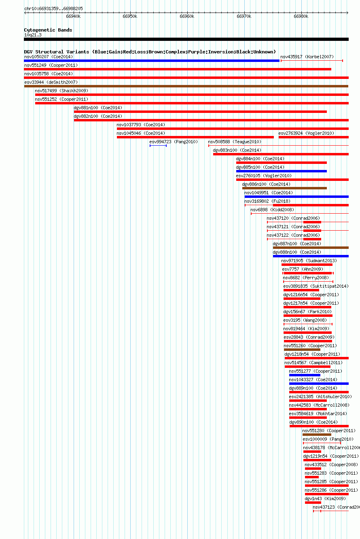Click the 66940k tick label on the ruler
click(73, 16)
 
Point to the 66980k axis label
click(301, 16)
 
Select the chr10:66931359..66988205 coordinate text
click(53, 8)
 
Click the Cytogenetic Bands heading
click(48, 30)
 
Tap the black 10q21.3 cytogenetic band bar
click(186, 39)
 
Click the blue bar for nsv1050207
click(152, 61)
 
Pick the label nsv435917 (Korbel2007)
click(307, 57)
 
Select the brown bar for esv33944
click(186, 86)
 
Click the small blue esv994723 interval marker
click(158, 146)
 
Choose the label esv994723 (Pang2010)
click(174, 142)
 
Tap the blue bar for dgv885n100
click(282, 171)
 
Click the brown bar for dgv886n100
click(284, 188)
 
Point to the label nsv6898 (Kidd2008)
click(272, 210)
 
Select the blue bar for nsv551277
click(305, 375)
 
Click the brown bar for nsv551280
click(317, 435)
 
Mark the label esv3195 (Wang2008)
click(305, 320)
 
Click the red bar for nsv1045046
click(195, 137)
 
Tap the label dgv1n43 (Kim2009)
click(325, 499)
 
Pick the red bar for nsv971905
click(307, 265)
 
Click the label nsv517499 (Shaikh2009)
click(61, 91)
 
